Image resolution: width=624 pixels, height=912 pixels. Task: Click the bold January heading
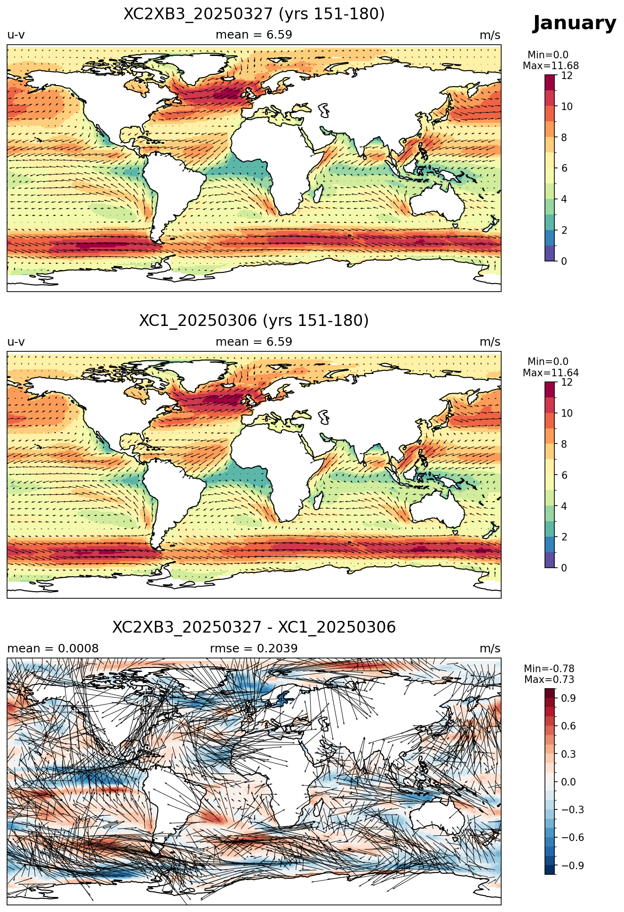click(x=574, y=23)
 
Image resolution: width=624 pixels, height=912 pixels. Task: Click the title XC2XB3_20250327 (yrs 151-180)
click(x=254, y=14)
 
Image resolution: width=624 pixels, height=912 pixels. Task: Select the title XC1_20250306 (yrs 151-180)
click(x=254, y=321)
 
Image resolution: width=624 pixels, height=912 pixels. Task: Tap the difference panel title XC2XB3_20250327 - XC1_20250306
click(x=254, y=627)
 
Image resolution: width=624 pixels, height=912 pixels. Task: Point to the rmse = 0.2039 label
click(x=254, y=649)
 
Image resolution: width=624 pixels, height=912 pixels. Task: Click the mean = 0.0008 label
click(x=53, y=649)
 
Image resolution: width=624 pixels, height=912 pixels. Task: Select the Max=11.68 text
click(x=551, y=66)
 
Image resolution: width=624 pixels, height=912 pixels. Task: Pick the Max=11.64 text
click(x=551, y=373)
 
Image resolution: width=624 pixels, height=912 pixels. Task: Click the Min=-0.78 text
click(x=549, y=669)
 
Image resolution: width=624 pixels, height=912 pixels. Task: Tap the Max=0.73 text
click(x=549, y=680)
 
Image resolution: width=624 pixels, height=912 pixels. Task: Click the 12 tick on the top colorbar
click(x=567, y=75)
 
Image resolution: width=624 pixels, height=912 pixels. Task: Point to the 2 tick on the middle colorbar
click(x=564, y=537)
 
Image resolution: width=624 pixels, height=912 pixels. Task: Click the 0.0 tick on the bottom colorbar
click(x=568, y=782)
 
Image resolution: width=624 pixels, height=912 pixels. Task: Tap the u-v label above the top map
click(x=16, y=35)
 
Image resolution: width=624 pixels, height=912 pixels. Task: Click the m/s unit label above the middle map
click(x=490, y=342)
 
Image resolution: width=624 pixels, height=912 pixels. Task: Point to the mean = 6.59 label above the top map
click(x=254, y=35)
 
